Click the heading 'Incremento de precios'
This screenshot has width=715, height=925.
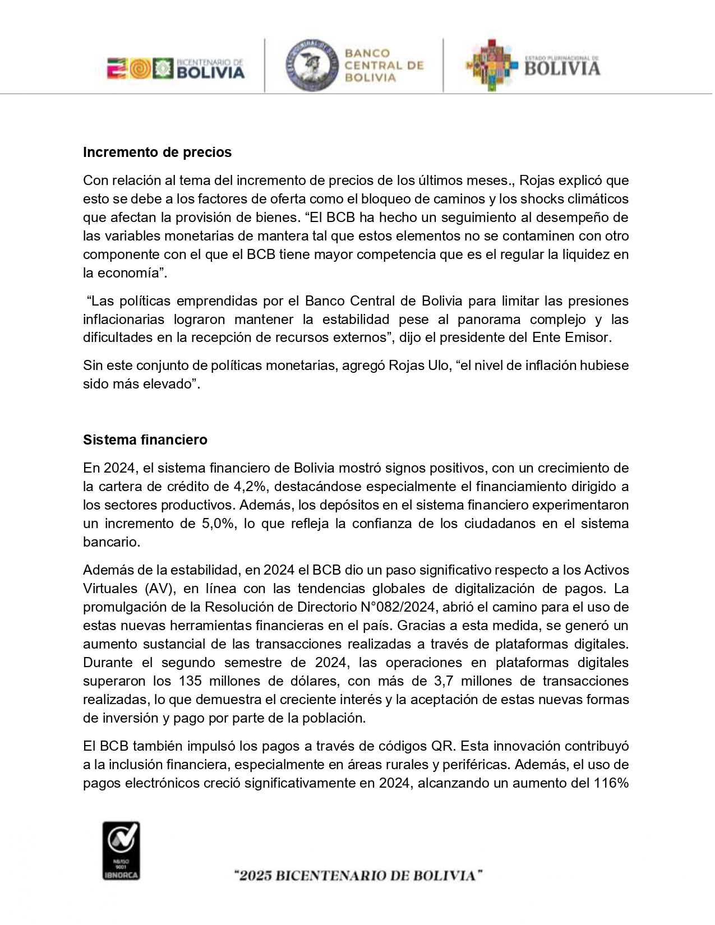157,152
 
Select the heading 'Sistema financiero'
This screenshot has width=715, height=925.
145,440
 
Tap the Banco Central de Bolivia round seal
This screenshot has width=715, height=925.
311,66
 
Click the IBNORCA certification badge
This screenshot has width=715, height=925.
121,851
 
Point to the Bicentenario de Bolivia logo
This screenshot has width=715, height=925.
176,69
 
